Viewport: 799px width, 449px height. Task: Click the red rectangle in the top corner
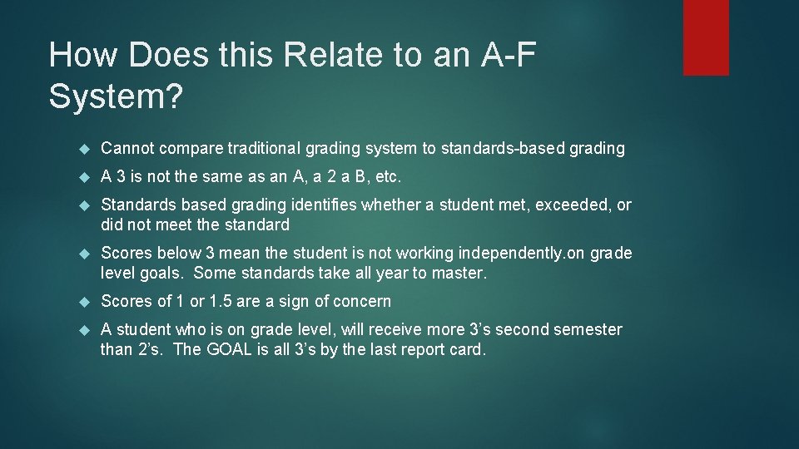point(706,37)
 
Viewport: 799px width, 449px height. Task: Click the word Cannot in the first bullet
point(127,148)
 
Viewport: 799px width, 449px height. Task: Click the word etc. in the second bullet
point(389,176)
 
